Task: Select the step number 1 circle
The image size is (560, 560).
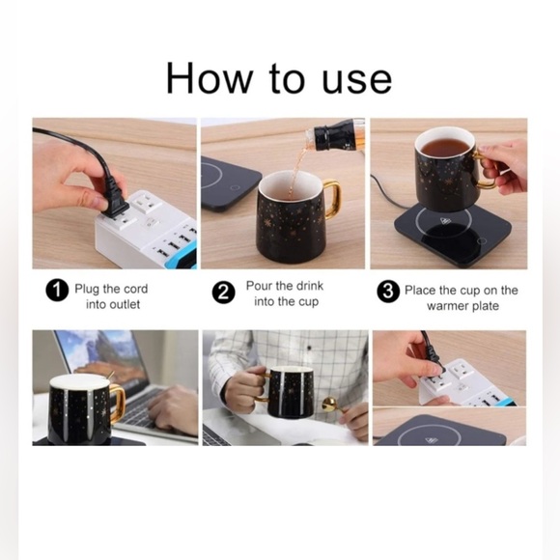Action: [x=57, y=291]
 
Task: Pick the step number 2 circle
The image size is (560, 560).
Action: [x=224, y=293]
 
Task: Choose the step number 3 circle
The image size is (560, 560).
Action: [x=388, y=292]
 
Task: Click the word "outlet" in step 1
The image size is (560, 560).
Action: [x=125, y=305]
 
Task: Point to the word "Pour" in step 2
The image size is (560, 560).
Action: [x=259, y=286]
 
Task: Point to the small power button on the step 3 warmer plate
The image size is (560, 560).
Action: [x=482, y=240]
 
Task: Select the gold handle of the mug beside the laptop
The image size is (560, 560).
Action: [x=118, y=403]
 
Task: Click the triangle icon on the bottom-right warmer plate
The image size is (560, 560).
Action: [x=432, y=440]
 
